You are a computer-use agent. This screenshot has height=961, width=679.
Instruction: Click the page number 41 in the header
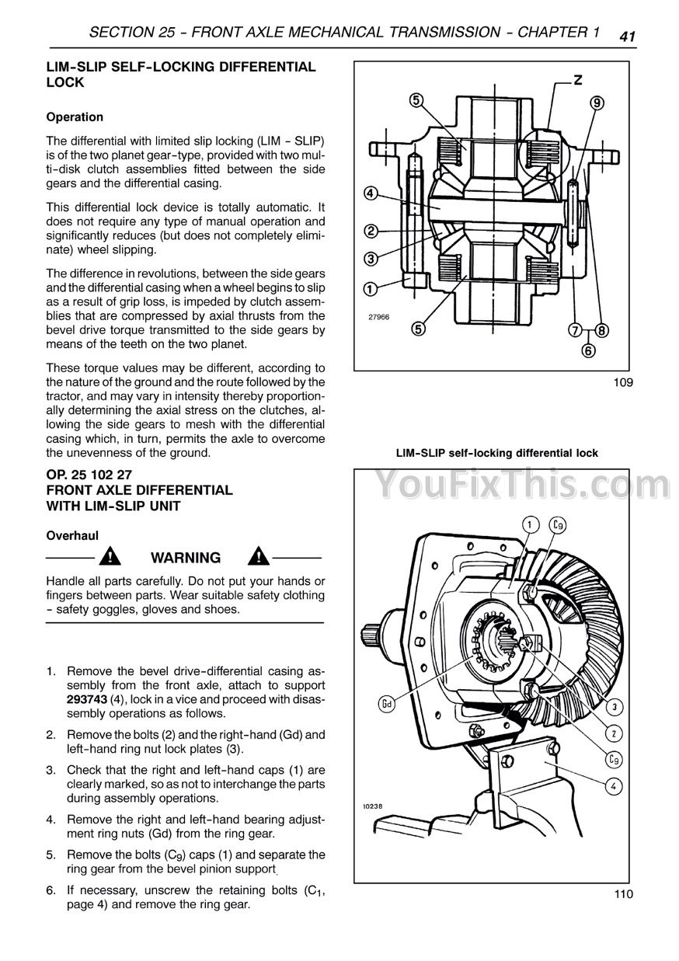[x=627, y=37]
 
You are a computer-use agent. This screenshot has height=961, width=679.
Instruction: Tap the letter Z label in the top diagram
[x=578, y=80]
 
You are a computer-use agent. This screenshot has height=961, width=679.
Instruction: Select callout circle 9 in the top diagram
[x=597, y=103]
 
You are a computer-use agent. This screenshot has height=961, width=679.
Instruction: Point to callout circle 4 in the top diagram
[x=371, y=193]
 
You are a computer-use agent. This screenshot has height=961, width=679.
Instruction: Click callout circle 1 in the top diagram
[x=371, y=289]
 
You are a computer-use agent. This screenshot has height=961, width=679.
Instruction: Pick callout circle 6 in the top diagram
[x=588, y=350]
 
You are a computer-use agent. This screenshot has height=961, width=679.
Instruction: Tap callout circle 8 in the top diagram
[x=602, y=331]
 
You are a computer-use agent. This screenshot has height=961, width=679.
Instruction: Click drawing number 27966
[x=379, y=317]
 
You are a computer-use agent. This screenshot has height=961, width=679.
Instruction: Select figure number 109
[x=623, y=381]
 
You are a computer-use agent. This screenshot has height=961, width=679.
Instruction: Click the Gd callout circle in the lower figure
[x=386, y=705]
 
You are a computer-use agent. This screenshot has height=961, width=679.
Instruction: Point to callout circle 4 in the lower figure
[x=614, y=786]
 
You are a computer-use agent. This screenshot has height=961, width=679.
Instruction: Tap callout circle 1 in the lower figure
[x=530, y=525]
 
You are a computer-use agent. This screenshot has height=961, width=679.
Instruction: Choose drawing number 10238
[x=372, y=806]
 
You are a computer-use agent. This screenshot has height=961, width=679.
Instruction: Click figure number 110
[x=623, y=893]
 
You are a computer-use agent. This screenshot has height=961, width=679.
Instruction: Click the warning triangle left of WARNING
[x=110, y=556]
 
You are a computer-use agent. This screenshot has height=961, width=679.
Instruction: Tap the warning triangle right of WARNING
[x=259, y=556]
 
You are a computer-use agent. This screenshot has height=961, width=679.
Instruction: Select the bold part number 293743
[x=87, y=699]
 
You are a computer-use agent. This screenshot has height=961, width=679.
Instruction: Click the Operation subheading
[x=75, y=117]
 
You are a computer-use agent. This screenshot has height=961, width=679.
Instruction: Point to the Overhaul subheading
[x=72, y=535]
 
